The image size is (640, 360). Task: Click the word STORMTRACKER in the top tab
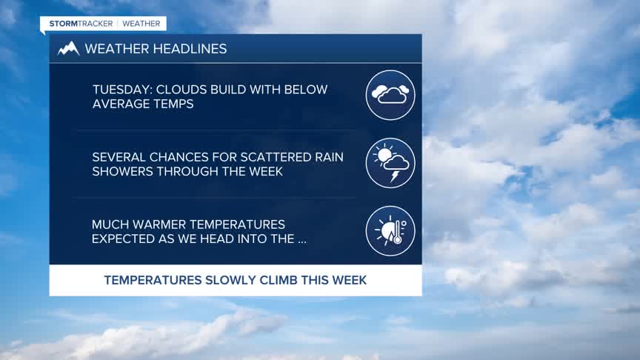click(x=81, y=24)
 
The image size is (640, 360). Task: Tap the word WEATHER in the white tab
click(x=141, y=24)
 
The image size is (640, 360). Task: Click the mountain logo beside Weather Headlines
click(x=68, y=49)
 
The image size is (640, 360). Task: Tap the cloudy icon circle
click(x=390, y=95)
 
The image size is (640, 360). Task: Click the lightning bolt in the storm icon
click(x=394, y=176)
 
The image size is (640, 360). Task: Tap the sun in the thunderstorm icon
click(x=384, y=154)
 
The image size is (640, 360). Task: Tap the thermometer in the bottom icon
click(x=397, y=233)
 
